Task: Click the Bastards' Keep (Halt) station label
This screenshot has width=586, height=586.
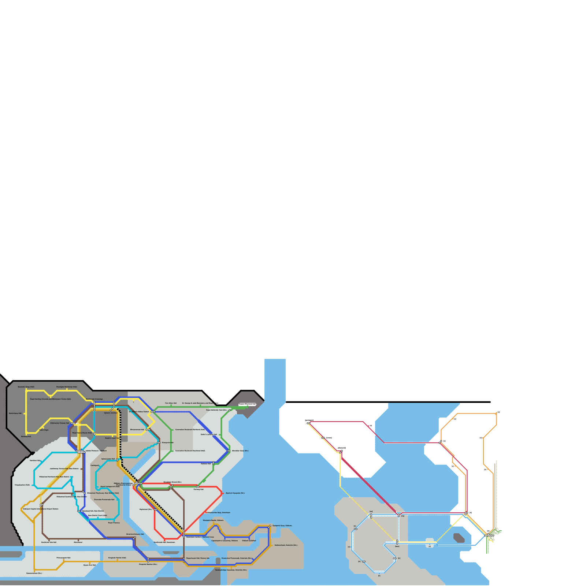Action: [x=26, y=387]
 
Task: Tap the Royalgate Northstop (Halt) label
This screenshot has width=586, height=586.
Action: [x=67, y=387]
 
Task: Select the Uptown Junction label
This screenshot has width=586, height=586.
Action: [x=111, y=413]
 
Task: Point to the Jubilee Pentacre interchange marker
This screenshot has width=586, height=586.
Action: [x=81, y=452]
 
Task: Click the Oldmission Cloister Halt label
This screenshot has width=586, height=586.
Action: [x=60, y=423]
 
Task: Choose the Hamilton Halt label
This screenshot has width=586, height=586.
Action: [x=35, y=460]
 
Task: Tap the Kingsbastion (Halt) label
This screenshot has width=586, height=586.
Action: [x=22, y=485]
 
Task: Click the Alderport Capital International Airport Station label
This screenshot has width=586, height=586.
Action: [x=41, y=509]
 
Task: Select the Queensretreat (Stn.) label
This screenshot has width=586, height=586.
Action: [x=34, y=573]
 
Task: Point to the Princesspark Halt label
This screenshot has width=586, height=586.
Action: [x=63, y=558]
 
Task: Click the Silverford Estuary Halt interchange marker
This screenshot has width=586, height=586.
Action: [x=134, y=538]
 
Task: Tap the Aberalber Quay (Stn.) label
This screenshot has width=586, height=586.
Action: [x=240, y=451]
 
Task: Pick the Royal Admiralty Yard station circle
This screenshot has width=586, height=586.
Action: [x=230, y=410]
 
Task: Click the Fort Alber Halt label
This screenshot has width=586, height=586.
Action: [x=171, y=403]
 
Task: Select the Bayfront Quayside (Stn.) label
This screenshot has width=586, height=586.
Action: [x=235, y=493]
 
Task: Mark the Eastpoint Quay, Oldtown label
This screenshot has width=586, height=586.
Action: [x=282, y=526]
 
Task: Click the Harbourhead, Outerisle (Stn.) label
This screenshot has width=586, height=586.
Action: [x=286, y=545]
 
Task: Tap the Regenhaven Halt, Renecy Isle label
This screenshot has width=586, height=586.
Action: [x=198, y=558]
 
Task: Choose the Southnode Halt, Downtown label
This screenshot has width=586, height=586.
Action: [x=164, y=542]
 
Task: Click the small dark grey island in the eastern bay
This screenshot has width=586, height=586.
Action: [x=459, y=538]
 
